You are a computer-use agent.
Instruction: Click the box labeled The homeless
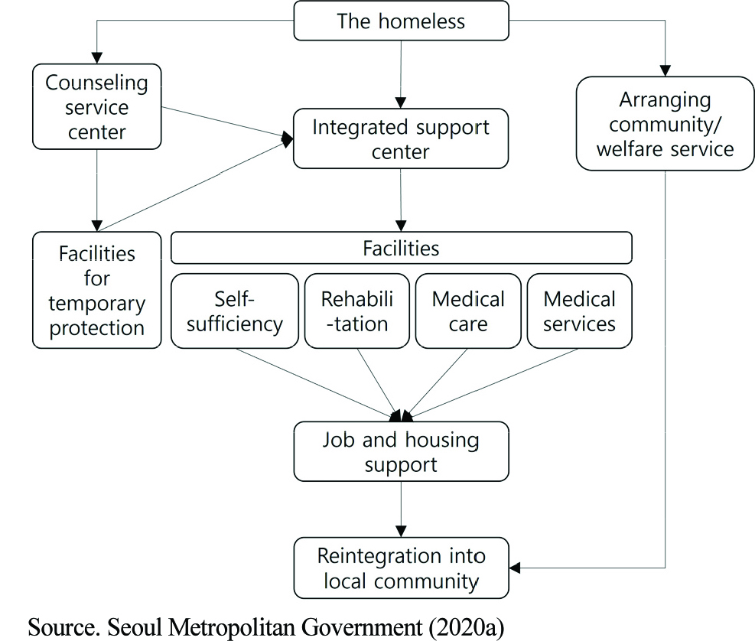pos(400,21)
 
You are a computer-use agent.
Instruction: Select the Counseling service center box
pos(97,107)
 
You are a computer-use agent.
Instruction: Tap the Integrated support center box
pos(400,139)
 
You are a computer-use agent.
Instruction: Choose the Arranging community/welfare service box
pos(665,123)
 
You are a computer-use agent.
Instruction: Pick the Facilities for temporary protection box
pos(97,290)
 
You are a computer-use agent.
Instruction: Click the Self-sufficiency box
pos(235,311)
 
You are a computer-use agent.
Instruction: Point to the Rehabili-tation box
pos(354,311)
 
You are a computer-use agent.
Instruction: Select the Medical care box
pos(468,311)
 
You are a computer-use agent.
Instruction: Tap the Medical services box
pos(579,311)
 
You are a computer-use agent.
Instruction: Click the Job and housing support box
pos(400,451)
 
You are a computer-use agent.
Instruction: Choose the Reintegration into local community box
pos(400,568)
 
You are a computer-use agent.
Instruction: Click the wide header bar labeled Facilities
pos(401,248)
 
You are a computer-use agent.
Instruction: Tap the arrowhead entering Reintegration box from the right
pos(516,568)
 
